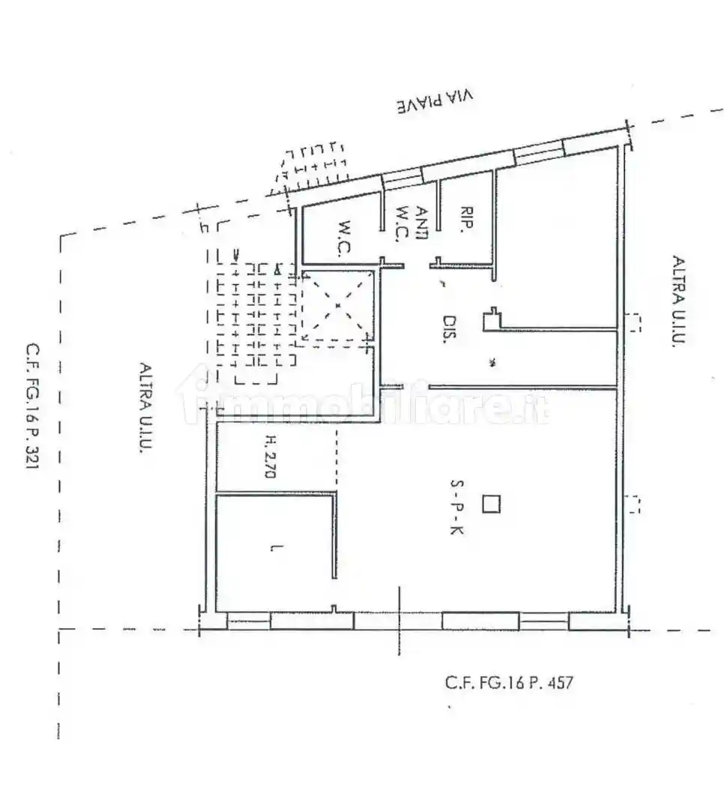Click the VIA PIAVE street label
click(x=436, y=102)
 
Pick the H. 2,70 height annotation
click(x=270, y=458)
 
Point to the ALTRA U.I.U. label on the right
click(x=679, y=301)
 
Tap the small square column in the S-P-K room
click(x=490, y=504)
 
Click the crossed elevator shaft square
click(x=337, y=306)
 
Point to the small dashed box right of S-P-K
click(x=633, y=504)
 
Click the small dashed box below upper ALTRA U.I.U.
click(x=633, y=322)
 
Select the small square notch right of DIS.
click(x=492, y=319)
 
